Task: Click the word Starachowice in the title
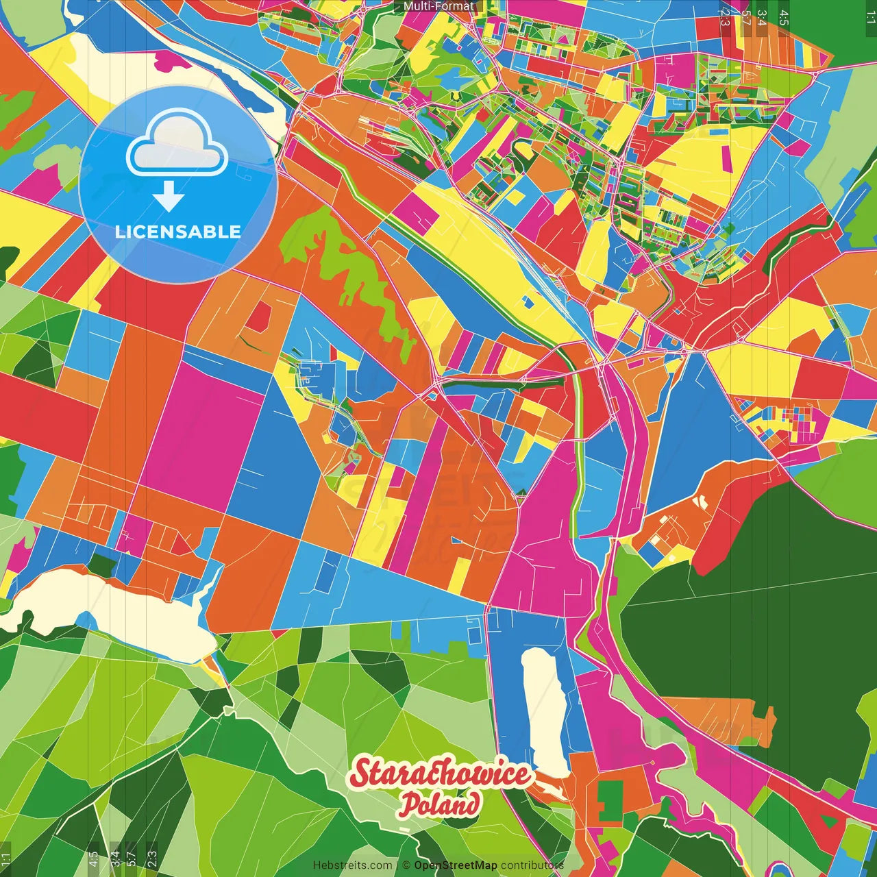point(439,774)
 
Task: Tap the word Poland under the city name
point(439,804)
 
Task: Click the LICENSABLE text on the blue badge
point(178,232)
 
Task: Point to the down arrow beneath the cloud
point(169,199)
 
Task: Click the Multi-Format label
point(438,6)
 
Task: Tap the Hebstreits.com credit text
point(352,865)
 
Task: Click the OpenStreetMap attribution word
point(456,865)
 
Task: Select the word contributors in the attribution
point(532,865)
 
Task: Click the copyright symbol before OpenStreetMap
point(406,865)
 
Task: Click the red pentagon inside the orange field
point(259,317)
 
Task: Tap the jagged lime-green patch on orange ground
point(356,274)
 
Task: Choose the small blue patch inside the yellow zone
point(528,301)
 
